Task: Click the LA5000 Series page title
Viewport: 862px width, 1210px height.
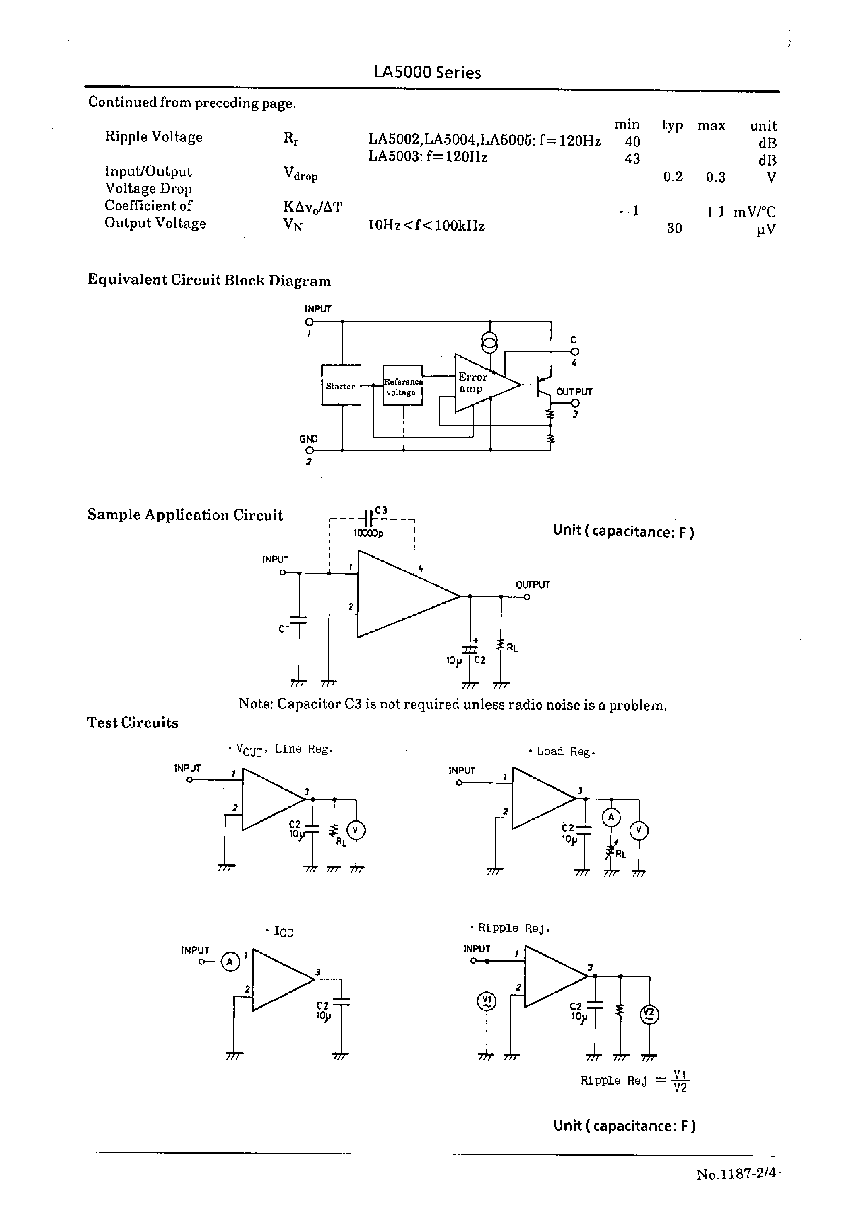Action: pyautogui.click(x=427, y=72)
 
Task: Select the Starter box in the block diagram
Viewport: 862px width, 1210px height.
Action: pyautogui.click(x=341, y=385)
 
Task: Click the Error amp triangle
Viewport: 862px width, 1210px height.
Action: pyautogui.click(x=480, y=383)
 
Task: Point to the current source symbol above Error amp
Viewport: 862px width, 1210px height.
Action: pyautogui.click(x=489, y=343)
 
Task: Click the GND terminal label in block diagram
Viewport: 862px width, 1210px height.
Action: pyautogui.click(x=308, y=439)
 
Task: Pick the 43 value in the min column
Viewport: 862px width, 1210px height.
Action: pyautogui.click(x=632, y=159)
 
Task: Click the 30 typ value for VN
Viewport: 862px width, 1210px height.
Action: pyautogui.click(x=674, y=229)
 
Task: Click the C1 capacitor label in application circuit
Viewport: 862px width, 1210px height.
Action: pyautogui.click(x=284, y=629)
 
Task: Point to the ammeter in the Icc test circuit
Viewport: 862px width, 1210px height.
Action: pyautogui.click(x=230, y=962)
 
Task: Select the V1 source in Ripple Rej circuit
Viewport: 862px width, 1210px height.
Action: pyautogui.click(x=487, y=1001)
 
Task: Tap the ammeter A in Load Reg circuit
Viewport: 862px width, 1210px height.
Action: pyautogui.click(x=611, y=818)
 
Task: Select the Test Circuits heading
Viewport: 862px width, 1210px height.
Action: pyautogui.click(x=133, y=722)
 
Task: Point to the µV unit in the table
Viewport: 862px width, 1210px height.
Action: pyautogui.click(x=765, y=229)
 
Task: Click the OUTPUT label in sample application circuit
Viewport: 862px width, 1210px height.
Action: pyautogui.click(x=533, y=585)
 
